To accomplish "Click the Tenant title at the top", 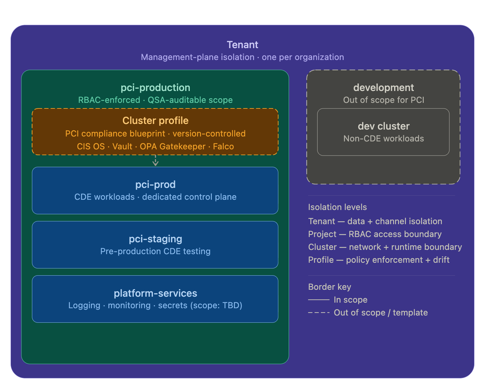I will tap(242, 45).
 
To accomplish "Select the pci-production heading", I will tap(155, 88).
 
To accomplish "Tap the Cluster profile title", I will tap(155, 121).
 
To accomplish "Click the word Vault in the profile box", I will tap(122, 146).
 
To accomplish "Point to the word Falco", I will tap(223, 146).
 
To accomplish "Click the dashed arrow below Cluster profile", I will tap(156, 161).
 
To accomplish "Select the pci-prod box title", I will tap(155, 185).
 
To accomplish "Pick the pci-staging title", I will tap(155, 239).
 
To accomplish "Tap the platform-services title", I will tap(155, 293).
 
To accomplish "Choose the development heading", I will tap(384, 88).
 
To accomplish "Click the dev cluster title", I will tap(384, 126).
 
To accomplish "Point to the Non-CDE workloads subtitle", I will tap(384, 138).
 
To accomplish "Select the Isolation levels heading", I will tap(337, 207).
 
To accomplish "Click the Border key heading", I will tap(329, 287).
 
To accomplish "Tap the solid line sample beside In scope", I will tap(319, 300).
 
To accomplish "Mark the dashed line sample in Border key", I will tap(319, 313).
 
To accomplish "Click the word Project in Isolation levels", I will tap(322, 234).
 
